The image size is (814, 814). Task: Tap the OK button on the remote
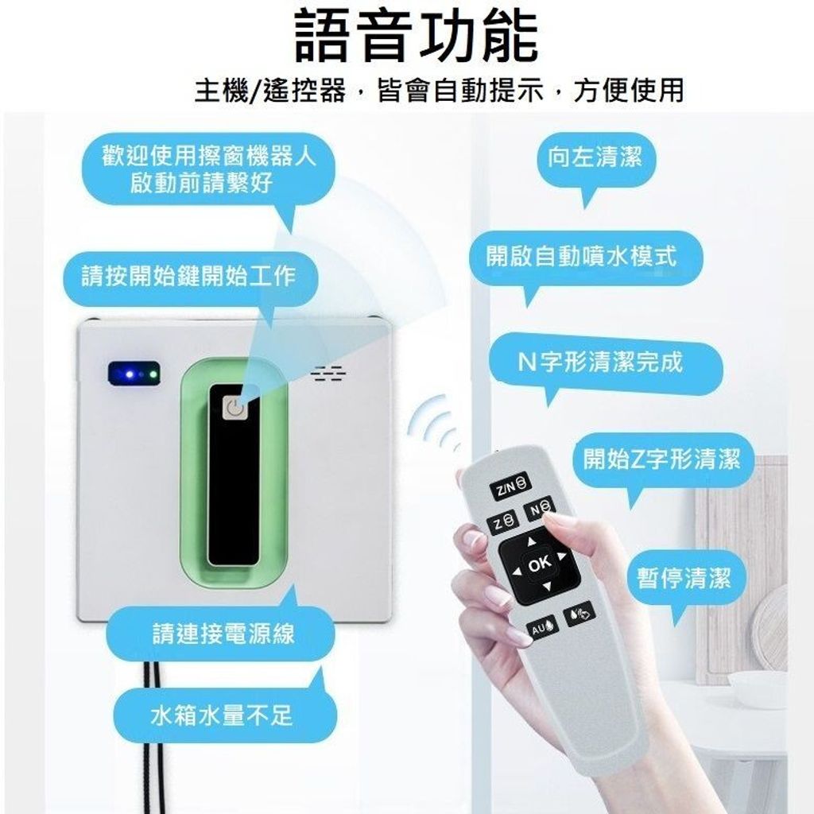[540, 564]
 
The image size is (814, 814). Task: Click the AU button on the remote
[542, 628]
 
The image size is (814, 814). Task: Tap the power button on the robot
[235, 407]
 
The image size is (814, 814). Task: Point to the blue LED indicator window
[134, 374]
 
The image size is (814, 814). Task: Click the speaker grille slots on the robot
[329, 374]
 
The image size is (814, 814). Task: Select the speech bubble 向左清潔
[595, 159]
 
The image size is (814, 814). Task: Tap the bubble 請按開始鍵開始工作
[190, 278]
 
